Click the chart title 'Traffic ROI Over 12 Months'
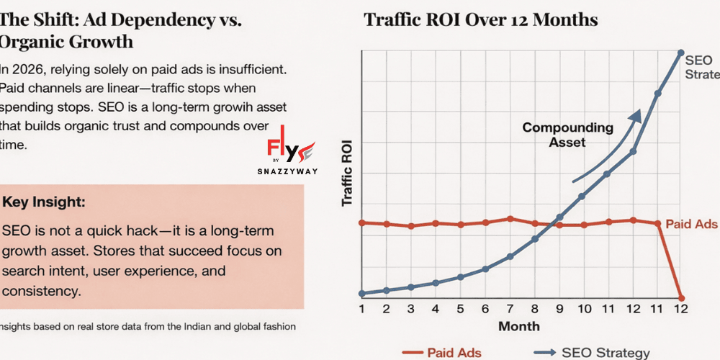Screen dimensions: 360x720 (481, 19)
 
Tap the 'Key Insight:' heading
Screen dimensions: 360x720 (44, 203)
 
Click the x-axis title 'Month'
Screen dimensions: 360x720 (519, 326)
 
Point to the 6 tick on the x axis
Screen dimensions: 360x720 (485, 309)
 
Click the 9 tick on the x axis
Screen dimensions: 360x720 (559, 309)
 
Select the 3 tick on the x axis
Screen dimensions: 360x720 (411, 309)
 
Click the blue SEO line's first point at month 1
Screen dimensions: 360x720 (362, 293)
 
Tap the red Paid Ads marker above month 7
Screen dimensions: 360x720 (510, 219)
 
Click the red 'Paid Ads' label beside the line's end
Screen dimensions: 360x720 (691, 224)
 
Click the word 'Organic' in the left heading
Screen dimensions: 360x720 (36, 41)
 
